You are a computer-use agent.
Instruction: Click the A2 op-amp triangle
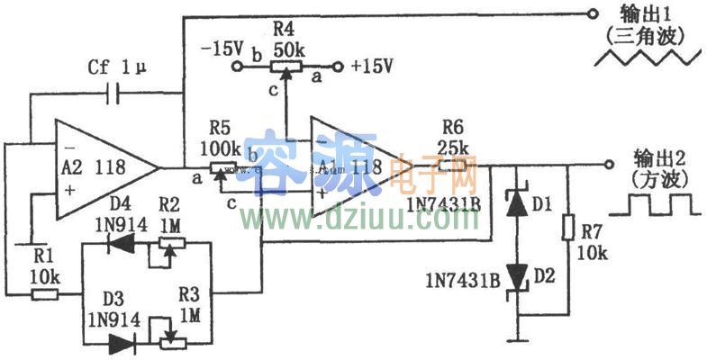[x=104, y=166]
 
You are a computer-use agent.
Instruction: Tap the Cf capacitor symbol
[x=116, y=92]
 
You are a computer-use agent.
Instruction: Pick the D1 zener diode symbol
[x=517, y=203]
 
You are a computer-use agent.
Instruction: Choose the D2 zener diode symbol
[x=517, y=276]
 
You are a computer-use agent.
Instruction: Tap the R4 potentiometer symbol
[x=285, y=65]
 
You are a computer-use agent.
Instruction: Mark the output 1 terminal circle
[x=592, y=13]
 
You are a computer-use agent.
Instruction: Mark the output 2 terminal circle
[x=610, y=164]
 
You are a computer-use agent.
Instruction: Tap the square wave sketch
[x=654, y=204]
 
